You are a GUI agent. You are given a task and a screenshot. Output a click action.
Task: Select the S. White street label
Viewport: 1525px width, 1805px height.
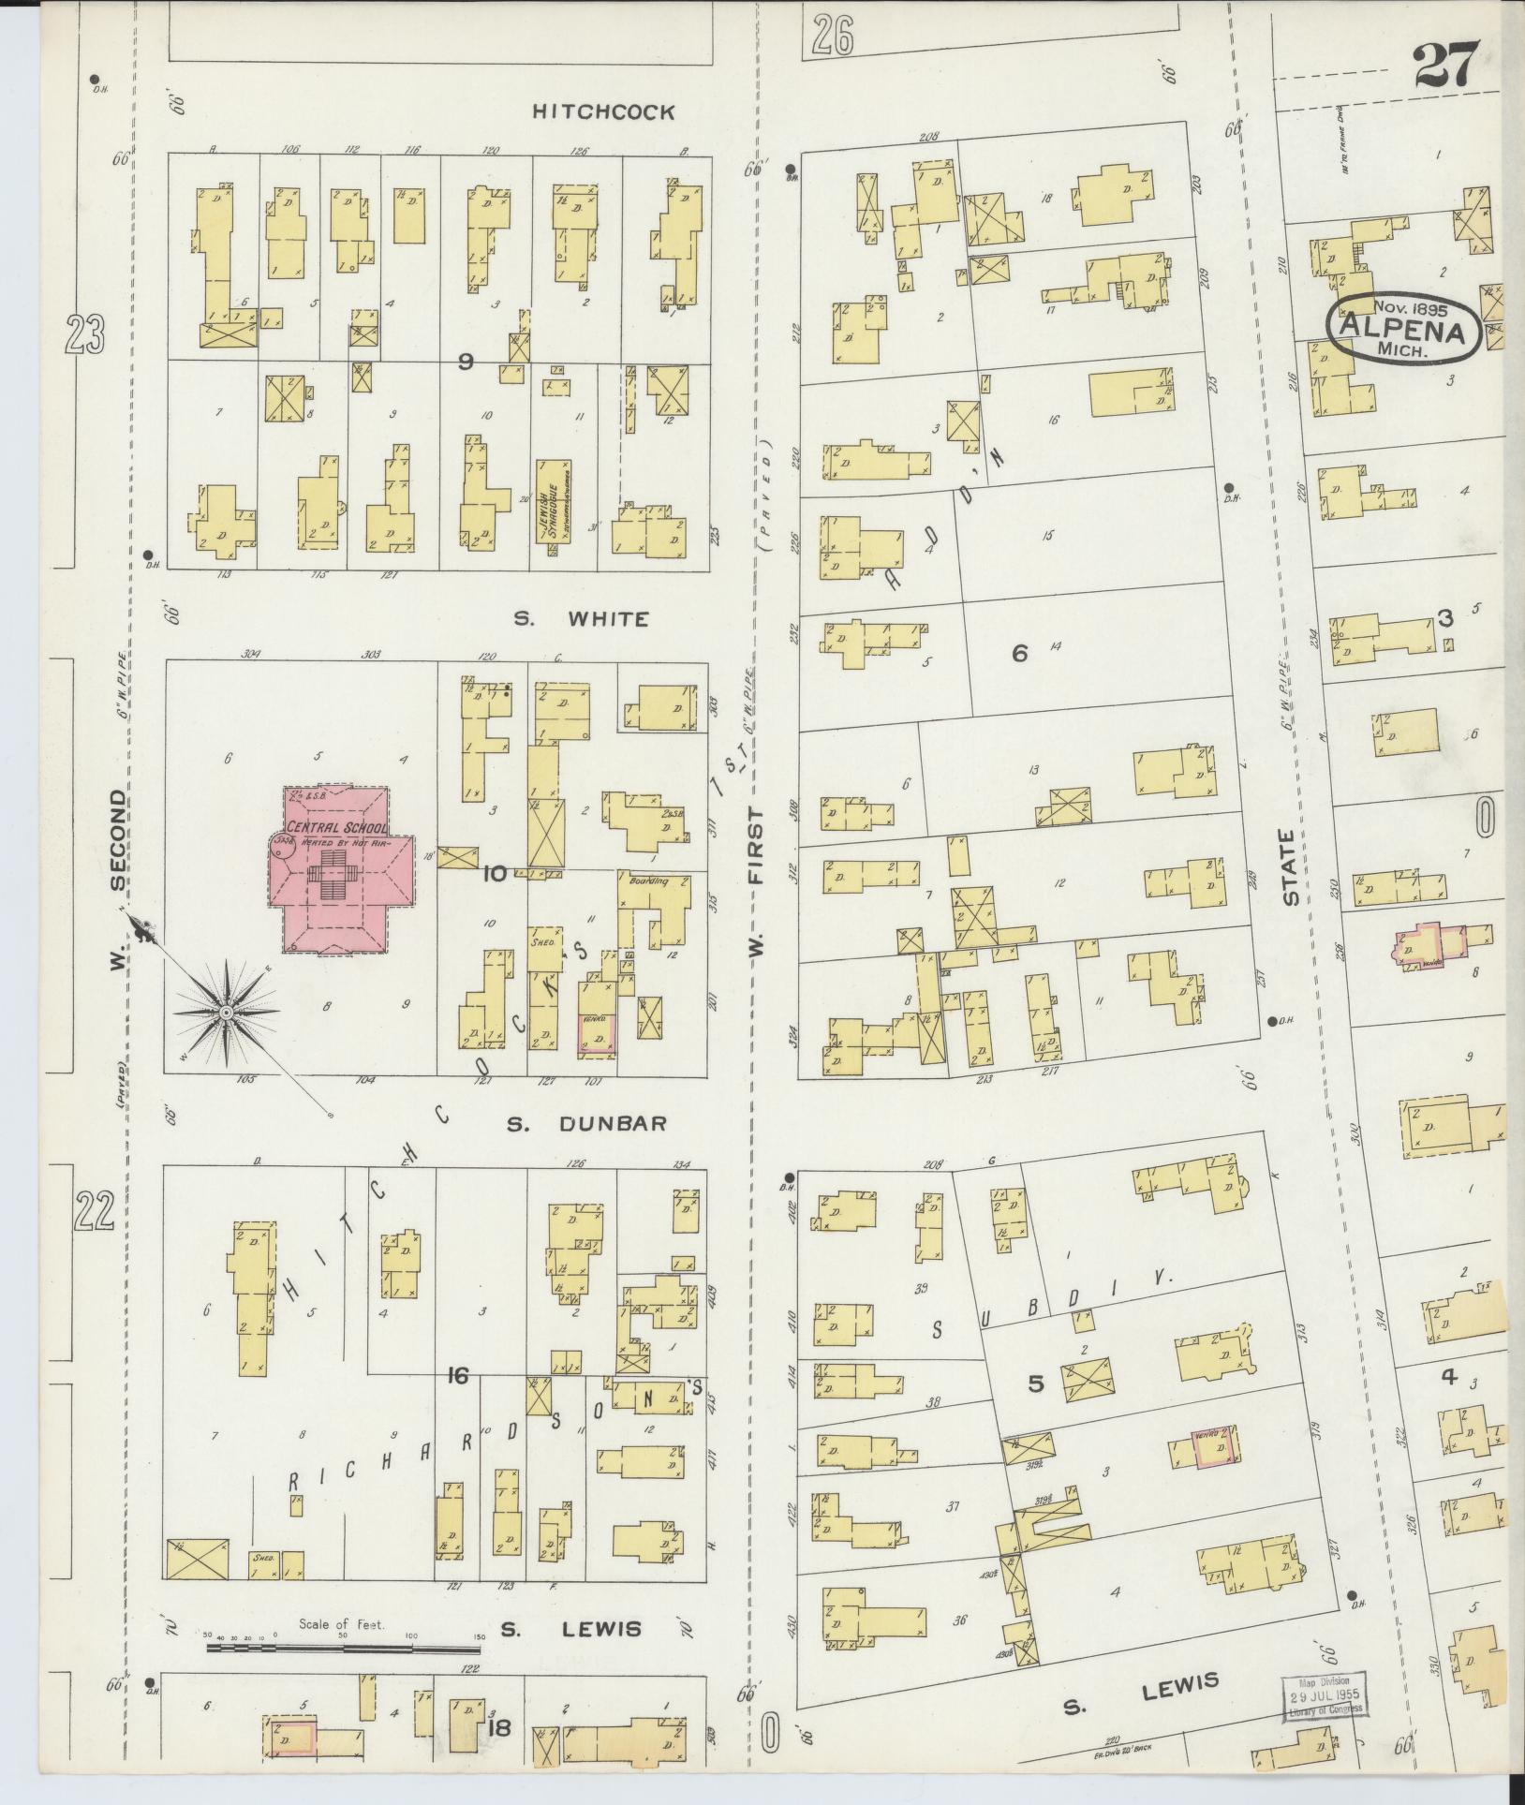(581, 618)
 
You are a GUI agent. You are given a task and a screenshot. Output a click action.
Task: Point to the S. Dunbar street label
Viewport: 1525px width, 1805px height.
(585, 1123)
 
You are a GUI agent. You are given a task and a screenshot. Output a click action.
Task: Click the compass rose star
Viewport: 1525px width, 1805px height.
(226, 1013)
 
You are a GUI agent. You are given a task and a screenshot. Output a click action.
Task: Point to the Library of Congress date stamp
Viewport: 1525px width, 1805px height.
(1324, 1694)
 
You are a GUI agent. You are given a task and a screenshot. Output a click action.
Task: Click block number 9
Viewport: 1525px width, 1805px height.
(465, 362)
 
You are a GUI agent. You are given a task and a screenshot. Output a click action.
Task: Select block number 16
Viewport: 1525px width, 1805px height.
(457, 1375)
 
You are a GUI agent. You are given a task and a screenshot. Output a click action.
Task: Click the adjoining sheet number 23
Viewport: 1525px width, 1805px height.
(83, 334)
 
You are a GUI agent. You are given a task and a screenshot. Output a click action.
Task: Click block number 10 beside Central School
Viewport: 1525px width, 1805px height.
(494, 874)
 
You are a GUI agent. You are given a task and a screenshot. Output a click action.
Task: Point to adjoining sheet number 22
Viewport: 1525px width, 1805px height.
(96, 1212)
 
